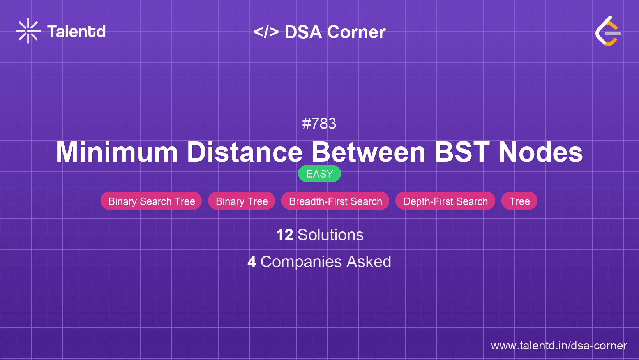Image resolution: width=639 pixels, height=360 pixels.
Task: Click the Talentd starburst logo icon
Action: coord(28,31)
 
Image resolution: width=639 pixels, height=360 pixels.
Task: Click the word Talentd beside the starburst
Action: coord(76,32)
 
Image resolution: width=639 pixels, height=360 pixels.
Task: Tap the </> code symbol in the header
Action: coord(266,32)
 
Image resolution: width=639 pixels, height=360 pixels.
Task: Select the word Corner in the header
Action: coord(356,32)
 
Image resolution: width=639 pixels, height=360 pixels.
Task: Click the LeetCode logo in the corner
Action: coord(608,31)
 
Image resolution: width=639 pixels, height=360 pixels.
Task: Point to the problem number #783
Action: coord(319,124)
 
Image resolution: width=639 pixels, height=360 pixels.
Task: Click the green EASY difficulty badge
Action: coord(319,173)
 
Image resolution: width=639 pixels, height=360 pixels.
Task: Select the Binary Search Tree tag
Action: coord(151,201)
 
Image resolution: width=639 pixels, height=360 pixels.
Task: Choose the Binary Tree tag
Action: coord(242,201)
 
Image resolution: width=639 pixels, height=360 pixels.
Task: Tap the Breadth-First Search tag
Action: coord(335,201)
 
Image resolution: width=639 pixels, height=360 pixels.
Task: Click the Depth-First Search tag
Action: coord(445,201)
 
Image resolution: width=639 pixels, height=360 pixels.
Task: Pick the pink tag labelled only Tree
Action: coord(519,201)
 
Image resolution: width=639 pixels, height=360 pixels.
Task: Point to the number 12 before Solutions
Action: coord(285,235)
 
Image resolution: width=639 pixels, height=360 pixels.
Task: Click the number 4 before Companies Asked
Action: coord(252,262)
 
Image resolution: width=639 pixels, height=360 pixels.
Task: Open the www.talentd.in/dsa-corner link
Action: coord(559,346)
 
